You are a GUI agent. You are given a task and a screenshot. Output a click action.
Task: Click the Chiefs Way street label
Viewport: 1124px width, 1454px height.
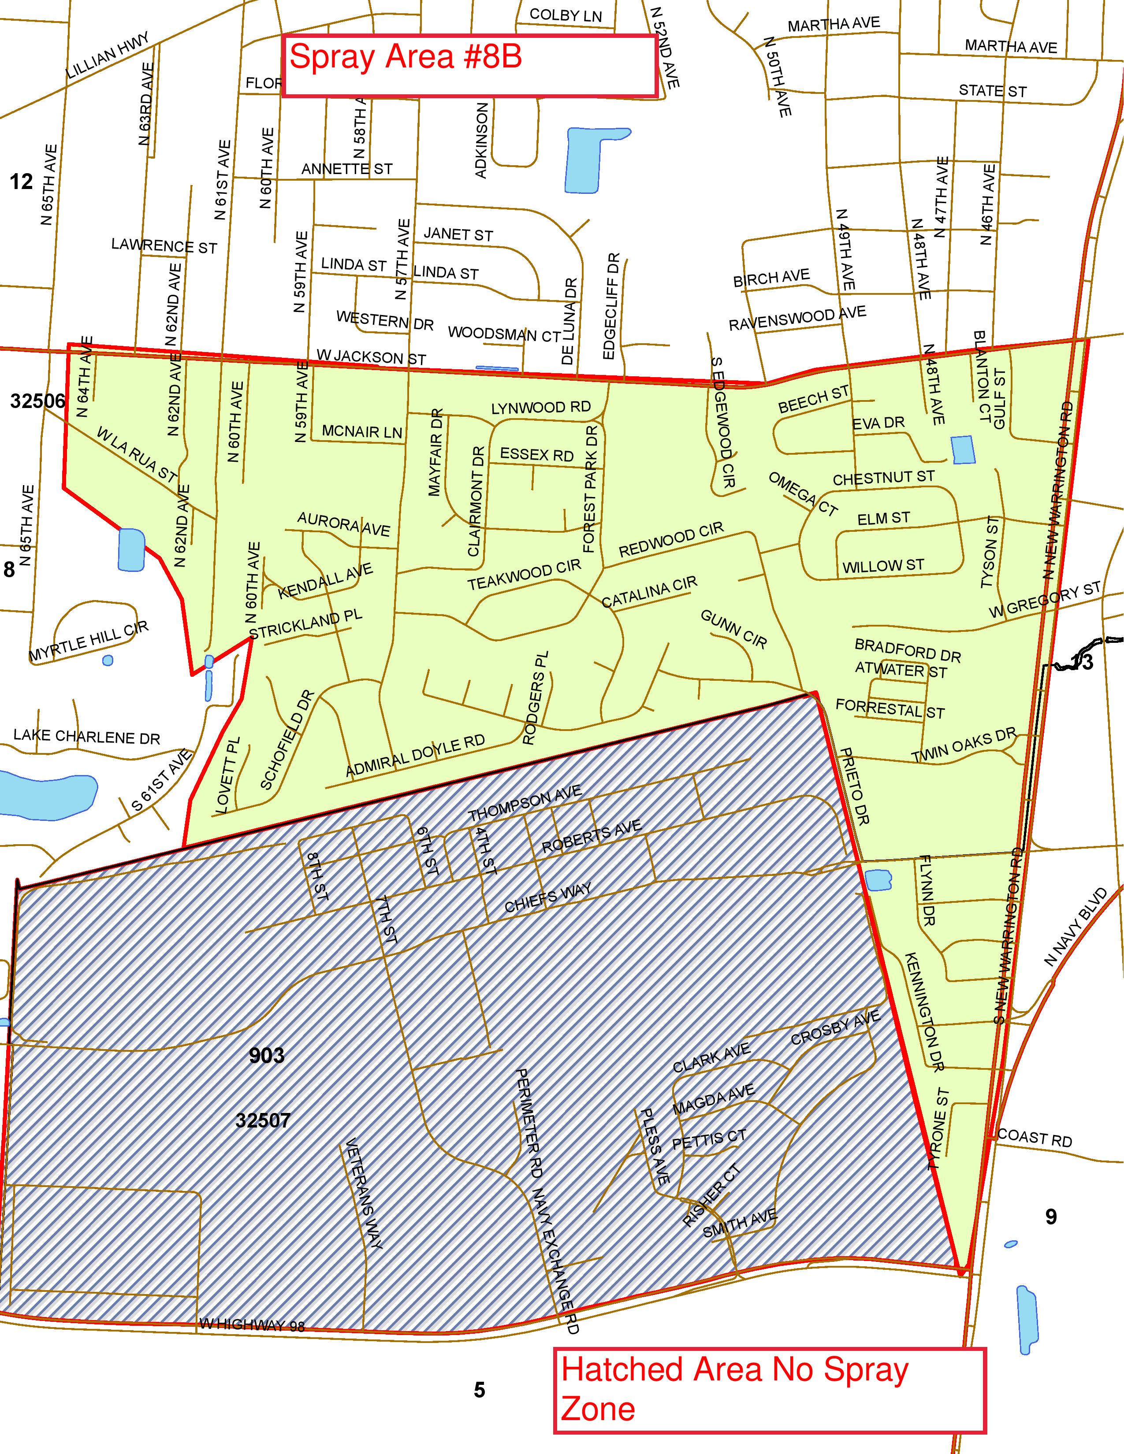(547, 898)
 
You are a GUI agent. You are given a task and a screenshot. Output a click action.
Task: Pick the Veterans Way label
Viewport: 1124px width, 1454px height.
(364, 1193)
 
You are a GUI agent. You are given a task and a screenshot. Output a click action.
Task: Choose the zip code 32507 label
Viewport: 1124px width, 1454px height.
(263, 1120)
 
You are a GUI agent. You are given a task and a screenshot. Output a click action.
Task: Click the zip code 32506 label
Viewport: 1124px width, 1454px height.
(38, 401)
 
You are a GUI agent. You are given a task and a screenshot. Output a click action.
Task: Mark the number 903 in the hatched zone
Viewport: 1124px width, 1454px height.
(266, 1055)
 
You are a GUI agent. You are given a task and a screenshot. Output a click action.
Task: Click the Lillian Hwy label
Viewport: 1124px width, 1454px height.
(107, 55)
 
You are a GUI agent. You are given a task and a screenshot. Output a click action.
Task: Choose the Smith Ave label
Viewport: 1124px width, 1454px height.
(740, 1224)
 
